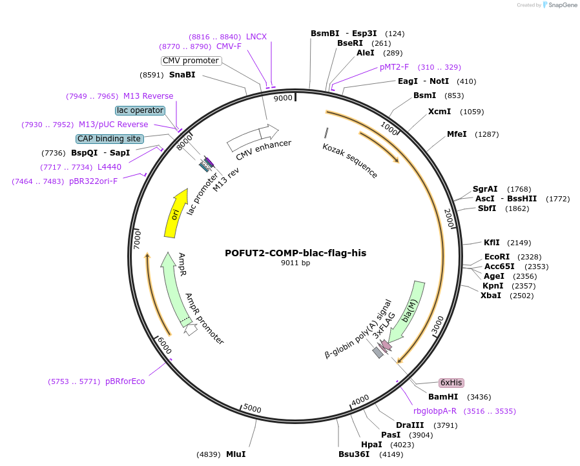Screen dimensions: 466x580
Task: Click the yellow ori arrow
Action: tap(175, 215)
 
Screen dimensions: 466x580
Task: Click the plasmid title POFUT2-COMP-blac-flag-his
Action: tap(295, 253)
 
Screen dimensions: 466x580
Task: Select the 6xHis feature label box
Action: tap(451, 382)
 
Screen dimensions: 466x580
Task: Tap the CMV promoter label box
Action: tap(191, 61)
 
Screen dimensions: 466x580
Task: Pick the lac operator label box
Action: tap(140, 110)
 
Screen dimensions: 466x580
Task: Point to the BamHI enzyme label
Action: tap(443, 396)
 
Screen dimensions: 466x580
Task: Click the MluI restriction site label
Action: tap(235, 454)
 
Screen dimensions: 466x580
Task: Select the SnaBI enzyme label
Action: tap(182, 74)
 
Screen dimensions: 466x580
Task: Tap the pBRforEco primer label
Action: tap(125, 381)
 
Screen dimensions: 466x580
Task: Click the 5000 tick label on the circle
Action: tap(252, 409)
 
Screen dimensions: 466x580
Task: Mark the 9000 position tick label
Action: tap(284, 98)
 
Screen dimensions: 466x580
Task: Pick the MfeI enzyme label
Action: tap(457, 134)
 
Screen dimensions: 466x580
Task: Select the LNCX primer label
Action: tap(256, 37)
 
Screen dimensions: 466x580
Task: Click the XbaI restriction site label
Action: tap(491, 296)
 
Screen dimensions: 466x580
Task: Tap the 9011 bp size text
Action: tap(295, 263)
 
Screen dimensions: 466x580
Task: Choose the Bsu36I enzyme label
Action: tap(354, 454)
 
